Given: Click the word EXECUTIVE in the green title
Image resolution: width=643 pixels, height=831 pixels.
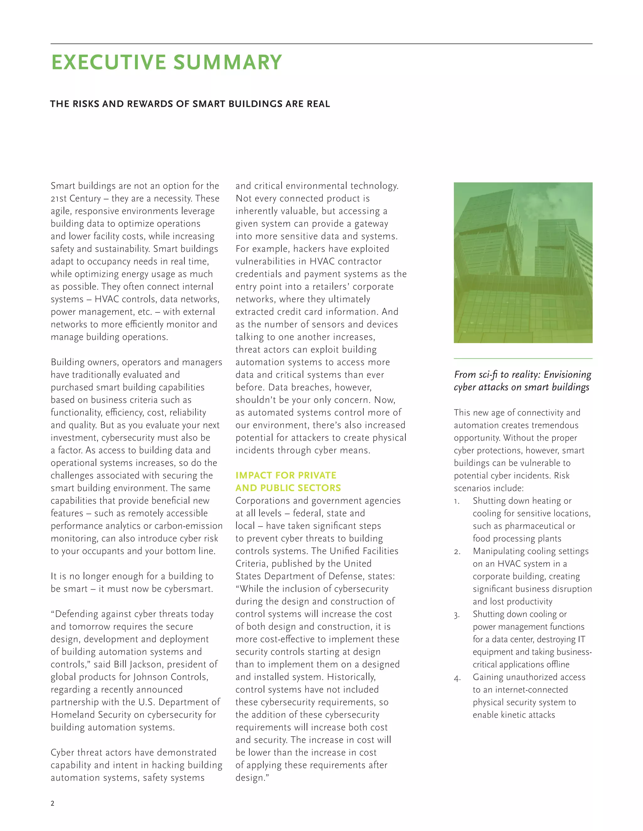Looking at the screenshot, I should [109, 62].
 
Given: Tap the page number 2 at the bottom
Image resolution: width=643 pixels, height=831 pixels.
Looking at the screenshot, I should [52, 803].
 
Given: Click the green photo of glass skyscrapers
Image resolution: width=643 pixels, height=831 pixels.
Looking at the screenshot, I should [523, 262].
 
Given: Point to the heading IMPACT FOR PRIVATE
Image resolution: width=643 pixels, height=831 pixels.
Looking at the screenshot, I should [286, 475].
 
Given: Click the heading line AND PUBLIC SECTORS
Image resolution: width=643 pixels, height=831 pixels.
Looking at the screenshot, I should [288, 488].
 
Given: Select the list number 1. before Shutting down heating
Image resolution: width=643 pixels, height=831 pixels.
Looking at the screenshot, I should [457, 501].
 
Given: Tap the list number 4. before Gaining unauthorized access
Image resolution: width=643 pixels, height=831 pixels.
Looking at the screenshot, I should [457, 677].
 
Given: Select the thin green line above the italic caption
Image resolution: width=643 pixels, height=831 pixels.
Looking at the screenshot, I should [523, 358].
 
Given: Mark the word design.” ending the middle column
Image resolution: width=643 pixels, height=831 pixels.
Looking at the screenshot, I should [252, 777].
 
